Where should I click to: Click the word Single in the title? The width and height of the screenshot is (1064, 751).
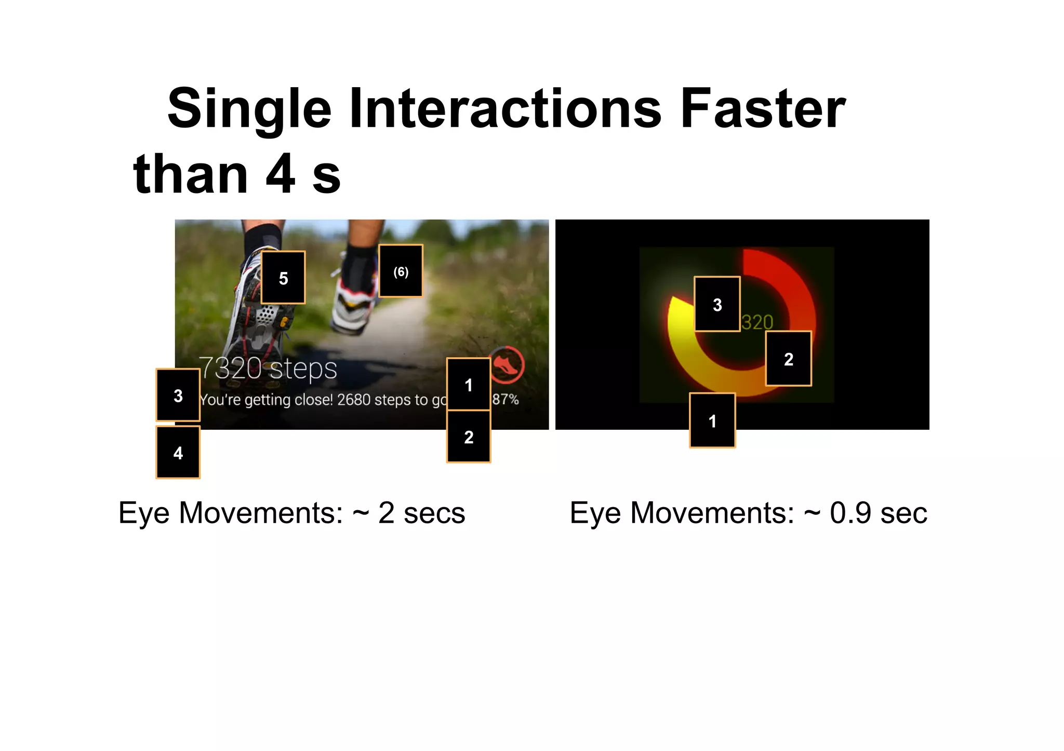click(249, 109)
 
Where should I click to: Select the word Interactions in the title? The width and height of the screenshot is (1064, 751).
click(505, 109)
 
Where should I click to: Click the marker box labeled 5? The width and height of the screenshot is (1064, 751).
click(283, 278)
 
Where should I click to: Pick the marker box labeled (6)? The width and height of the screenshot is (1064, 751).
click(401, 271)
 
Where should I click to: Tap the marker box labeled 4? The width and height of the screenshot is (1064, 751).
click(178, 453)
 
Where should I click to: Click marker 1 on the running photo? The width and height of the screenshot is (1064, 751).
click(469, 385)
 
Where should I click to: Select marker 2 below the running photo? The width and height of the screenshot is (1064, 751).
click(469, 437)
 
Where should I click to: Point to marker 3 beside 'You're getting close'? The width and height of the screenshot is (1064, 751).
click(178, 395)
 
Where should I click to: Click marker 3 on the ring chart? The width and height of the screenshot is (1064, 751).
click(717, 305)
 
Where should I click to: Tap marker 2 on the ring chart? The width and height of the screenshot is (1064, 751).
click(789, 359)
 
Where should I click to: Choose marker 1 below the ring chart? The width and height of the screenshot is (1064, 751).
click(712, 420)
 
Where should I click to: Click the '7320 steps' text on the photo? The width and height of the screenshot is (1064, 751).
click(268, 368)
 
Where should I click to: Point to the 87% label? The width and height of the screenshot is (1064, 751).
click(506, 399)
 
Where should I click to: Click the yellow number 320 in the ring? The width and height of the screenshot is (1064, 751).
click(757, 322)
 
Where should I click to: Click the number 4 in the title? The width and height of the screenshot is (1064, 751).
click(281, 174)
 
